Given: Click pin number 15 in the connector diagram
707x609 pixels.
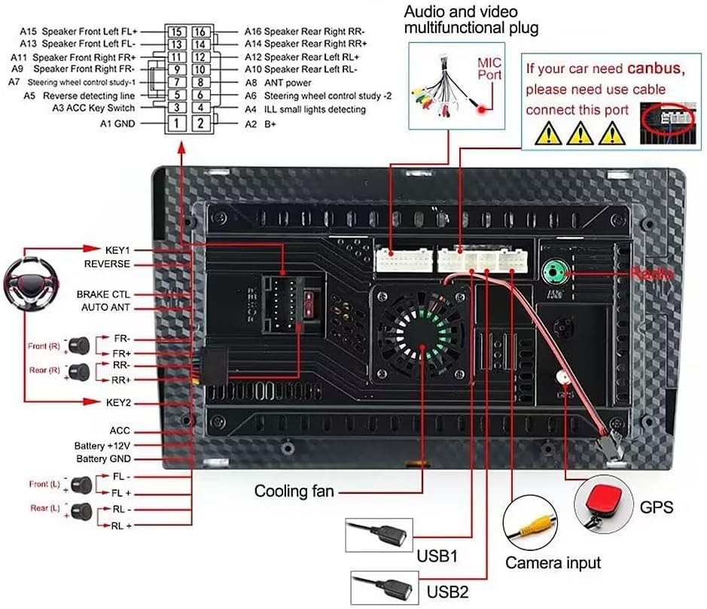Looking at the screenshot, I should [x=176, y=32].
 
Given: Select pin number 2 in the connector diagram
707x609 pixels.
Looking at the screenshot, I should [x=201, y=123].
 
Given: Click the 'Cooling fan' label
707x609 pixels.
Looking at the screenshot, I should [x=294, y=492].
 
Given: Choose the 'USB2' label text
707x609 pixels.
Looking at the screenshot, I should [x=448, y=591].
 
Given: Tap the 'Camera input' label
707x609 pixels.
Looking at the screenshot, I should [x=553, y=562].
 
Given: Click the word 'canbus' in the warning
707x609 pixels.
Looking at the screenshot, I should [x=654, y=69].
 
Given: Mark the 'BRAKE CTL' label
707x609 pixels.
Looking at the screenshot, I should [x=103, y=294].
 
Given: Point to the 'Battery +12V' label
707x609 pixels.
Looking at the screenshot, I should [x=102, y=446].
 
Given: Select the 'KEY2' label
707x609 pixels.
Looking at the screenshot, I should [x=119, y=403].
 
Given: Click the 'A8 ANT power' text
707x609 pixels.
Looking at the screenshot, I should [x=278, y=83].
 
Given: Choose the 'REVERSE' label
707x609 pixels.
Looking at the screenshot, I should [x=107, y=264].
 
